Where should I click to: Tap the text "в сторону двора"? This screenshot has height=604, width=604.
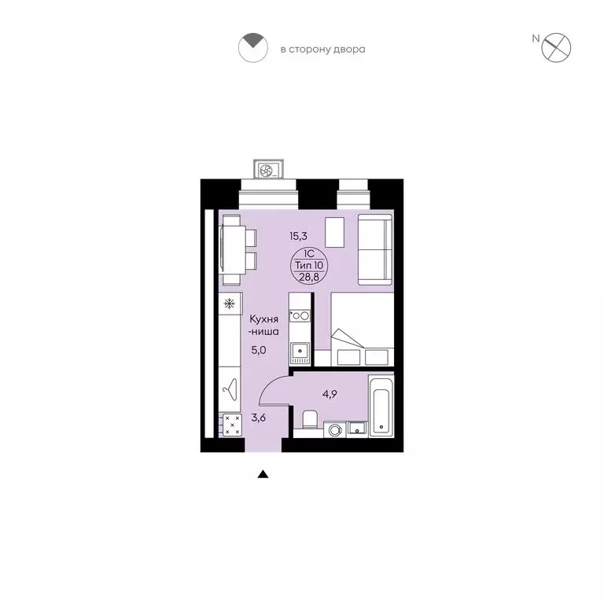click(322, 50)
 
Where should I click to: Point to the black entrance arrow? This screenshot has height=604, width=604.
click(263, 474)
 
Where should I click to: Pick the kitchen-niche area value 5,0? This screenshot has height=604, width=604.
click(260, 351)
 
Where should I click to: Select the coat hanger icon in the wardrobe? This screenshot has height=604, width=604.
click(230, 388)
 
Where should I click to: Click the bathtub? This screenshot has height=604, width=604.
click(382, 406)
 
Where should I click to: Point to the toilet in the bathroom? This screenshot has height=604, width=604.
click(309, 420)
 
